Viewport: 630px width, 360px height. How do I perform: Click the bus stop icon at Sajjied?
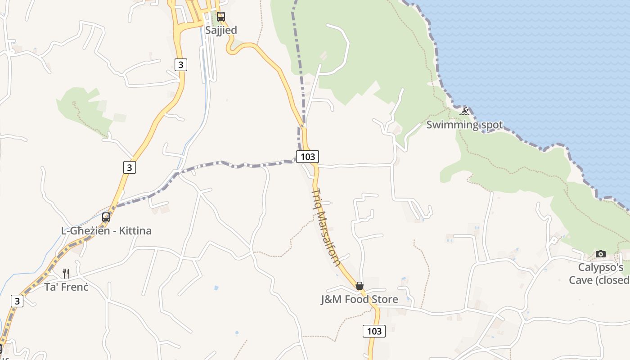click(x=220, y=17)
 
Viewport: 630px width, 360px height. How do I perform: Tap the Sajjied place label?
click(x=220, y=30)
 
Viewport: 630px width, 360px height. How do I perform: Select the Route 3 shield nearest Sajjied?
click(x=180, y=65)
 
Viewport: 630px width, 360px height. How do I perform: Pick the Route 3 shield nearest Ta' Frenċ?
click(x=17, y=301)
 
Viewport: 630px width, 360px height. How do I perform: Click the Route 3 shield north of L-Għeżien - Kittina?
click(x=129, y=167)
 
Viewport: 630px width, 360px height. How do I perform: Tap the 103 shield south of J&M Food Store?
click(x=374, y=331)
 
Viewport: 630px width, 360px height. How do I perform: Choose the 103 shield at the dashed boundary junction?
click(x=307, y=157)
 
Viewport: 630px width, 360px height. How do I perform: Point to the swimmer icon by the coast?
click(x=464, y=111)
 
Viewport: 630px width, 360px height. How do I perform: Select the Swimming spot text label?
click(x=464, y=125)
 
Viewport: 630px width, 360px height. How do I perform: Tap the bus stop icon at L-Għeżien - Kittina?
click(x=106, y=217)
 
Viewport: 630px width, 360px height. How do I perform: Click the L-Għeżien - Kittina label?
click(x=106, y=231)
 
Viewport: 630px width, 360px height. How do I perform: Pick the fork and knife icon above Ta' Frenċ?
click(x=66, y=273)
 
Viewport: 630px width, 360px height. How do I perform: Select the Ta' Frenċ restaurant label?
click(x=66, y=287)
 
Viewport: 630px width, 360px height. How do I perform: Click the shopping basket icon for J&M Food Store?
click(x=359, y=286)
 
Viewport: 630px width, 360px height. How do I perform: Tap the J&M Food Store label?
click(x=359, y=299)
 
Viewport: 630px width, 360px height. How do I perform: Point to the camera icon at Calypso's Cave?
click(x=600, y=254)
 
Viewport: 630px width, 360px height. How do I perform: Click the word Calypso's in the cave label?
click(x=600, y=268)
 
